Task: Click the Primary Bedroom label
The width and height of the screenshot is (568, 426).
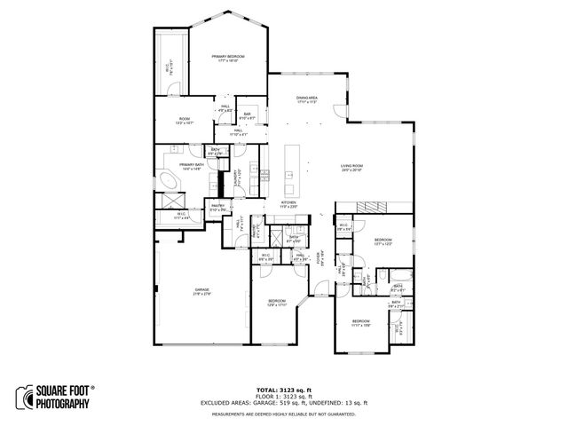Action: click(227, 59)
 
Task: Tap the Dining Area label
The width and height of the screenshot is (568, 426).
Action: click(306, 99)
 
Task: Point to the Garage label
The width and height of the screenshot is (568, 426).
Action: click(202, 292)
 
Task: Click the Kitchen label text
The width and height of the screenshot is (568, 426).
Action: click(288, 203)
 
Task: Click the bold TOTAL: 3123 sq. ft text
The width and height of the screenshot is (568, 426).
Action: click(283, 390)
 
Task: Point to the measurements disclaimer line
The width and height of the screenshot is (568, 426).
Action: click(283, 414)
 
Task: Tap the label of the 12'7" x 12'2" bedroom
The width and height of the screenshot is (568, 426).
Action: click(383, 241)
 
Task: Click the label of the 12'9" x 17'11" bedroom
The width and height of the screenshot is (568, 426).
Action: click(278, 303)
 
